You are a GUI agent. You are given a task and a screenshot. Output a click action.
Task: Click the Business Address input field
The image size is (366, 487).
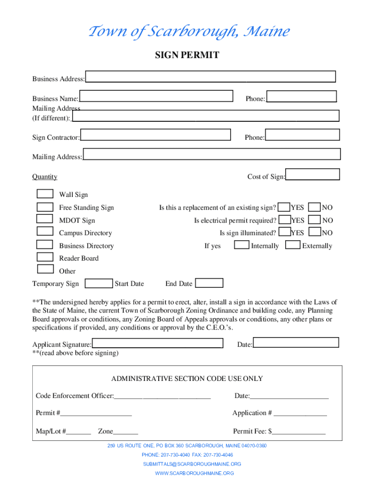pos(210,77)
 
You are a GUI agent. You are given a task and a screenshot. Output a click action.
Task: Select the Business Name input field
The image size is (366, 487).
pos(156,96)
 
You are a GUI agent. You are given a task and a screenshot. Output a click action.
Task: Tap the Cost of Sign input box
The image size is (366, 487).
pos(313,175)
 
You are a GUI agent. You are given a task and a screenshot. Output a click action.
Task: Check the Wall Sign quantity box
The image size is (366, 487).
pos(45,194)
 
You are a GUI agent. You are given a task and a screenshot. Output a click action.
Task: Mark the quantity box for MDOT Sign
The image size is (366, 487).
pos(45,219)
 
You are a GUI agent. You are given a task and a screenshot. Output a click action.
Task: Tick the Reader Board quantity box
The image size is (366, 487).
pos(45,257)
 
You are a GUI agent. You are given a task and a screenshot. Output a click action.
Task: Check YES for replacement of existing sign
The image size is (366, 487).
pos(284,207)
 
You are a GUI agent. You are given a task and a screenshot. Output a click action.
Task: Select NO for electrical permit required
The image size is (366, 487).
pos(314,220)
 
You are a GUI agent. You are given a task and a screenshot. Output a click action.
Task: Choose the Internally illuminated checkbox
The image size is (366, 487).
pos(242,245)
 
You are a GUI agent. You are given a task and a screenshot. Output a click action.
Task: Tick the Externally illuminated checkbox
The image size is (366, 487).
pos(294,245)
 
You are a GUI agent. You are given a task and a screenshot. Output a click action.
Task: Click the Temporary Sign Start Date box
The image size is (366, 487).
pos(99,283)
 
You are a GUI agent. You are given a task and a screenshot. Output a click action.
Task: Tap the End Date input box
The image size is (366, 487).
pos(209,283)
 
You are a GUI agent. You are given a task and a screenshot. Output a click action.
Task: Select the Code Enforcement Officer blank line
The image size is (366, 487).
pos(162,396)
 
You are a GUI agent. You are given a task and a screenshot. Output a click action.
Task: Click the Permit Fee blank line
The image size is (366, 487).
pos(299,432)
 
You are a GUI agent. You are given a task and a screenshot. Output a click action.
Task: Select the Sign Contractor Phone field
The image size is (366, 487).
pos(302,135)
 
